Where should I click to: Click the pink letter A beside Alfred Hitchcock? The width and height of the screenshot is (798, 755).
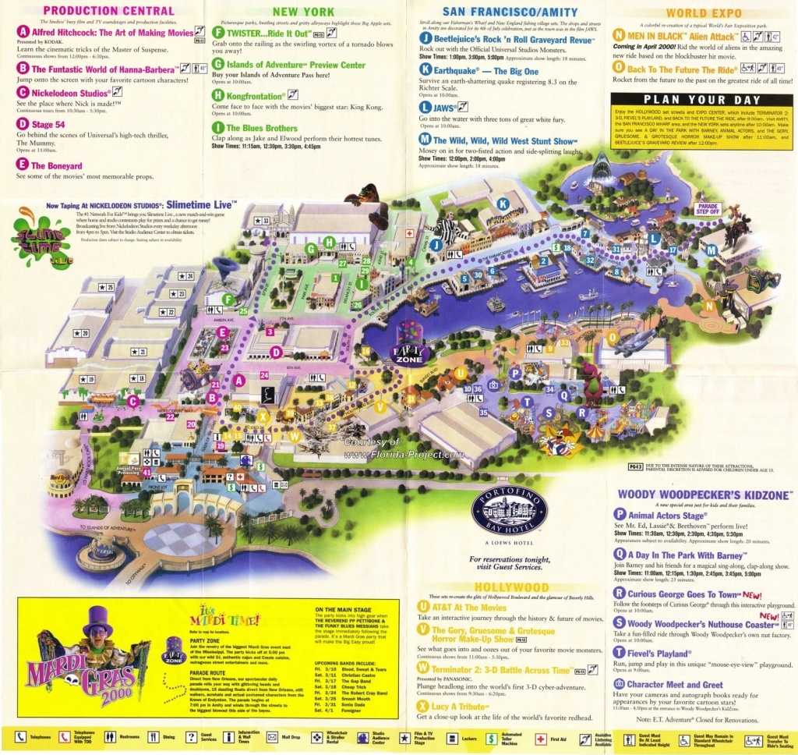click(x=23, y=33)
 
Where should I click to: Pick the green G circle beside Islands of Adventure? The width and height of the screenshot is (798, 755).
click(x=218, y=63)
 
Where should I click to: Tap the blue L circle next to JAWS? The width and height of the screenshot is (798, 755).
click(x=425, y=106)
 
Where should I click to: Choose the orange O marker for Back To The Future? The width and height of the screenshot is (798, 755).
click(x=619, y=69)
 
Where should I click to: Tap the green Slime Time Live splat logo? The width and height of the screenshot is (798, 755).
click(x=35, y=239)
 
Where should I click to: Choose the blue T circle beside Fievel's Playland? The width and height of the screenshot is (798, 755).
click(x=620, y=654)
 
